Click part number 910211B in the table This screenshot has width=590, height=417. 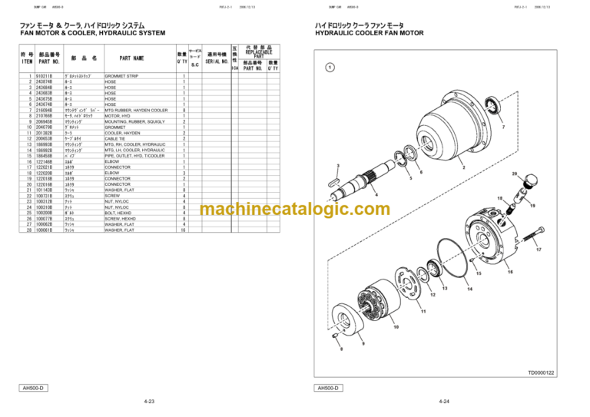45,76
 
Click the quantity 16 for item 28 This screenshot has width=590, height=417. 183,230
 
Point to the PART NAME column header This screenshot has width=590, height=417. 131,58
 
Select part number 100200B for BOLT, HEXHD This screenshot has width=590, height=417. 45,213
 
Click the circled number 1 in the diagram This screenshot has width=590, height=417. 329,68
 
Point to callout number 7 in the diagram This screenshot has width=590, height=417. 502,127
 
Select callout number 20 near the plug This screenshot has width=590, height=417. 515,174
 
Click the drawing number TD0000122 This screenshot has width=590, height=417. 541,372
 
